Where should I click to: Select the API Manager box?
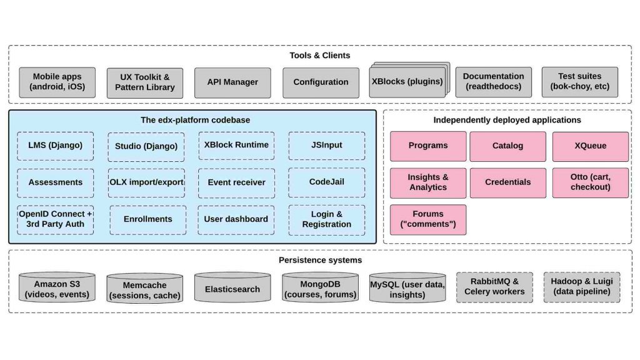[232, 82]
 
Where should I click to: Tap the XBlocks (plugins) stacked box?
[407, 82]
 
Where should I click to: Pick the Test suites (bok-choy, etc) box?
[579, 82]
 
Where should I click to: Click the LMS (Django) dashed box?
[56, 146]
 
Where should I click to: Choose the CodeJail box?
[326, 182]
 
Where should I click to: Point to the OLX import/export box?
[146, 182]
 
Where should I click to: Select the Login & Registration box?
[326, 219]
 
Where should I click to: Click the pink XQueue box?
[590, 146]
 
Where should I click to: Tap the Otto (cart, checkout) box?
[590, 182]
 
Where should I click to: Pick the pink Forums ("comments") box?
[428, 219]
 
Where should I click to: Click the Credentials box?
[507, 182]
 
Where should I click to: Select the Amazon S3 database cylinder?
[57, 288]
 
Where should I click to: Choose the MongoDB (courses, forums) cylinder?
[320, 288]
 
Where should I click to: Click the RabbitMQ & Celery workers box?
[494, 287]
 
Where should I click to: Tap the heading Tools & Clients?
[319, 55]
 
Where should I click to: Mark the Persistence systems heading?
[320, 260]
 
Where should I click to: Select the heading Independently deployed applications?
[507, 120]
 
